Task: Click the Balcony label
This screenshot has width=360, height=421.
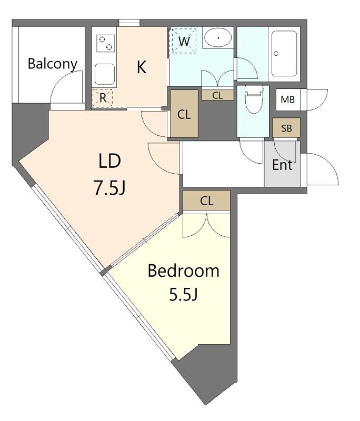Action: (53, 64)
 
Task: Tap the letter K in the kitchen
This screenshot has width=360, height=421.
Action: (142, 67)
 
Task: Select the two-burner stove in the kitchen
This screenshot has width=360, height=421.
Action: (105, 43)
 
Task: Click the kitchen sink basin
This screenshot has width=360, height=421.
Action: (105, 74)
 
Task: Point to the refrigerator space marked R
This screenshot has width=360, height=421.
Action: (102, 98)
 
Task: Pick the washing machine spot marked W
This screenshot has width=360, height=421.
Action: (184, 41)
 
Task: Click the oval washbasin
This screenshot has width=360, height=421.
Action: (218, 37)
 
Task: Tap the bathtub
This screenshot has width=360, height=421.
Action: (284, 54)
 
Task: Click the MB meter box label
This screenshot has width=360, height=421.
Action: (288, 100)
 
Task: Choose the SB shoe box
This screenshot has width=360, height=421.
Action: (286, 128)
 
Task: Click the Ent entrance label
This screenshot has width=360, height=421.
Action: (282, 165)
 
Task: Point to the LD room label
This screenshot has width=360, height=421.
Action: (110, 161)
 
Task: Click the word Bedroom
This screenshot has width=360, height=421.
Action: (183, 270)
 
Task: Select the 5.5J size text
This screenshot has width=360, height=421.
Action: (184, 294)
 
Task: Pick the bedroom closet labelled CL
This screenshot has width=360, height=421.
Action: (207, 201)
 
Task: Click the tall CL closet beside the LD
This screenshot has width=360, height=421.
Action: (184, 114)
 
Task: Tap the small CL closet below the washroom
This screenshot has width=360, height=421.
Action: (217, 95)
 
